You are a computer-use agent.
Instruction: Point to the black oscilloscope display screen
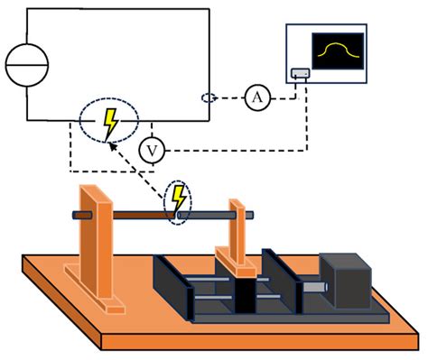tap(338, 53)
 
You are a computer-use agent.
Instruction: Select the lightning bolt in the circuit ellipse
tap(110, 123)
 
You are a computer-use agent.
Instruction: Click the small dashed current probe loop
tap(209, 97)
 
